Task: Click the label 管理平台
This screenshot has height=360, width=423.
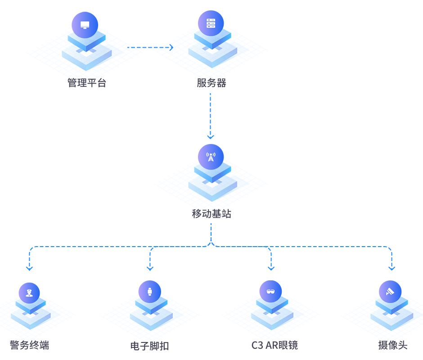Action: [87, 83]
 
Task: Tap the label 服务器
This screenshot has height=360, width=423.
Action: [211, 82]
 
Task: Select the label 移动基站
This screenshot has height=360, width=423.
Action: [211, 213]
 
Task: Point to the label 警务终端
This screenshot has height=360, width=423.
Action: [29, 346]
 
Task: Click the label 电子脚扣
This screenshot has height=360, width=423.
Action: [149, 346]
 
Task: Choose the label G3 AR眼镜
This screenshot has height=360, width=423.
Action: [274, 346]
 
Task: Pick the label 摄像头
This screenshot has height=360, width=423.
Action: [392, 346]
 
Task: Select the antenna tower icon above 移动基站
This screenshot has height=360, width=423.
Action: [211, 157]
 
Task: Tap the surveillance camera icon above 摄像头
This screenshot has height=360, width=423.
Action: [390, 292]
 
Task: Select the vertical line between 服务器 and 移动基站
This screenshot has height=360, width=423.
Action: [211, 116]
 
